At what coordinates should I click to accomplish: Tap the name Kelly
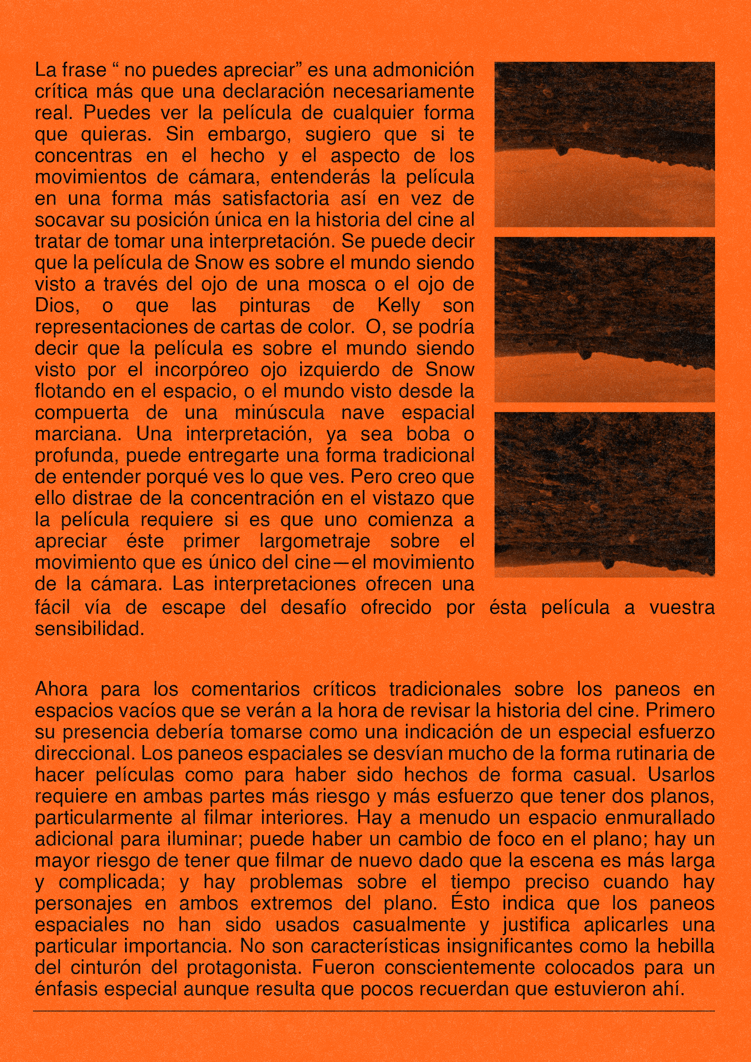[x=399, y=306]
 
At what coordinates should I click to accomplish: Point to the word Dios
[x=57, y=306]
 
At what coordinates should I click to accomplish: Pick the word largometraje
[x=314, y=541]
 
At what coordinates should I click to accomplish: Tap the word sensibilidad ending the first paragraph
[x=89, y=629]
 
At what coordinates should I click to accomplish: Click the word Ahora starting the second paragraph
[x=61, y=689]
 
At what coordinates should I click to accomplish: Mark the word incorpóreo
[x=201, y=370]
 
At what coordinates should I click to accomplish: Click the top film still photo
[x=605, y=144]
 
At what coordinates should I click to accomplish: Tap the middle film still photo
[x=605, y=319]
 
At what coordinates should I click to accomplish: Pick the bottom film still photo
[x=605, y=495]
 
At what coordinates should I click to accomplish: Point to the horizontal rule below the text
[x=374, y=1011]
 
